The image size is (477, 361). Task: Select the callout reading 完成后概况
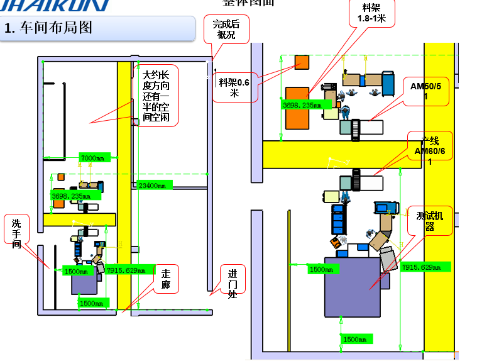(x=226, y=30)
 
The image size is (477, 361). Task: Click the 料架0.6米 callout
(x=234, y=87)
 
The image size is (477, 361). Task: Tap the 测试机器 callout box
(x=430, y=221)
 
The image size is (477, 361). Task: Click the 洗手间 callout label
(x=16, y=232)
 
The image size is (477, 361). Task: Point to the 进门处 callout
(x=233, y=282)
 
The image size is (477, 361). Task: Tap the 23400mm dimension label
(x=152, y=185)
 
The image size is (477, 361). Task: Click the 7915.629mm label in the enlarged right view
(x=425, y=267)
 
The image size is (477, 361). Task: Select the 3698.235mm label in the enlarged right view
(x=302, y=105)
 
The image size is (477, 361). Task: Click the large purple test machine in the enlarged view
(x=352, y=287)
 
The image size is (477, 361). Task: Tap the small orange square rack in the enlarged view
(x=302, y=62)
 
